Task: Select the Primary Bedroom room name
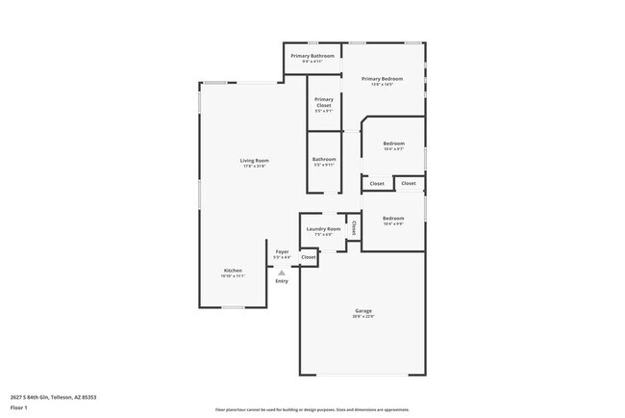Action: (383, 79)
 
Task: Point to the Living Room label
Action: (254, 160)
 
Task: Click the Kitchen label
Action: (233, 271)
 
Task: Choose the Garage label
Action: (363, 310)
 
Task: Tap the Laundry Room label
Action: (323, 228)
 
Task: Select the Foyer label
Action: (282, 251)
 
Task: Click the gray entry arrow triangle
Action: (282, 273)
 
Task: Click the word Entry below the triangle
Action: (282, 281)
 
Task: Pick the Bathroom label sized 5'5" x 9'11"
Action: (324, 159)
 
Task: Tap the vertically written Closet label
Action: (353, 228)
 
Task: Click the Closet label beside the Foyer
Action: (309, 257)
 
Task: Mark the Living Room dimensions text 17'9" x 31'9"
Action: (254, 167)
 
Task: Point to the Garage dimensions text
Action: (363, 317)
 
